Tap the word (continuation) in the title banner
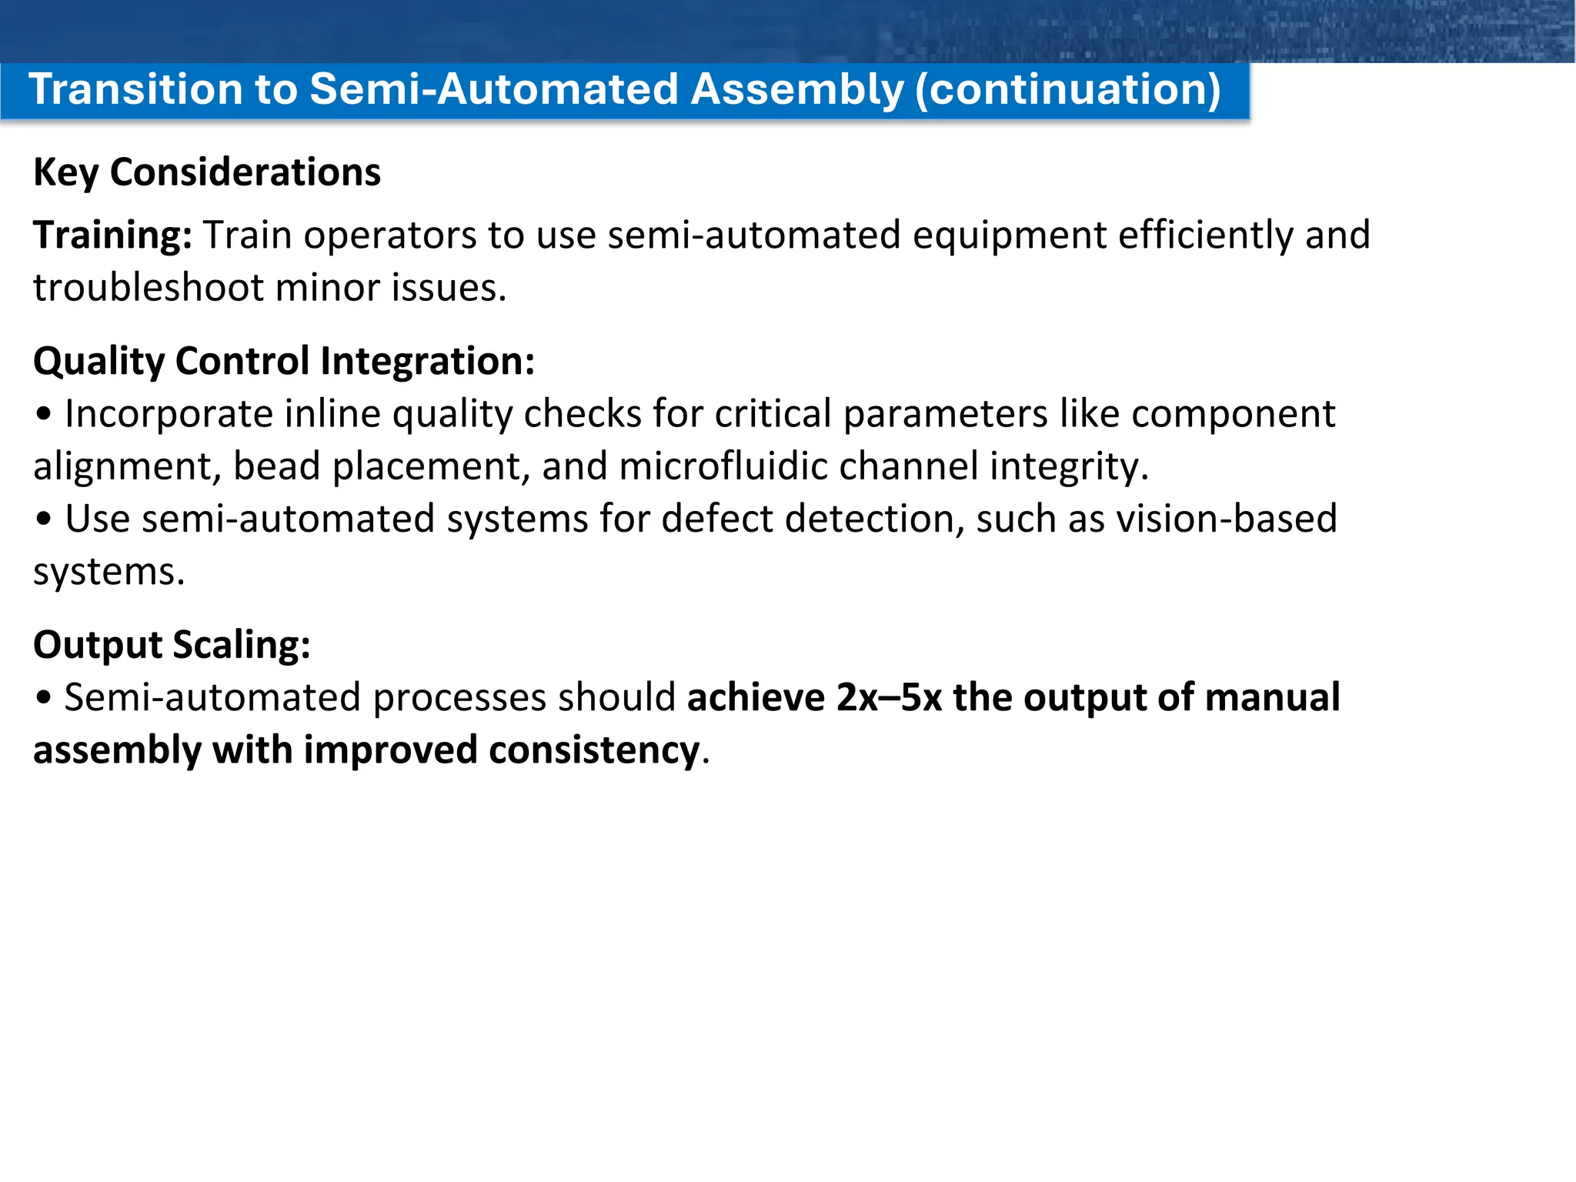1067,89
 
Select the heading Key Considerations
206,172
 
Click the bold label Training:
112,235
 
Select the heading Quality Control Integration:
283,361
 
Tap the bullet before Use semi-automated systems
44,519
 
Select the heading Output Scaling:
172,644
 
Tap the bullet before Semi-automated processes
44,698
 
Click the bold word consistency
593,750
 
